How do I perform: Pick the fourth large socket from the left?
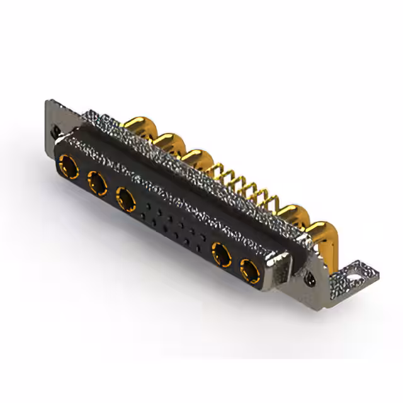(x=221, y=254)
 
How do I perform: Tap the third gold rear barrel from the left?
(x=196, y=158)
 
